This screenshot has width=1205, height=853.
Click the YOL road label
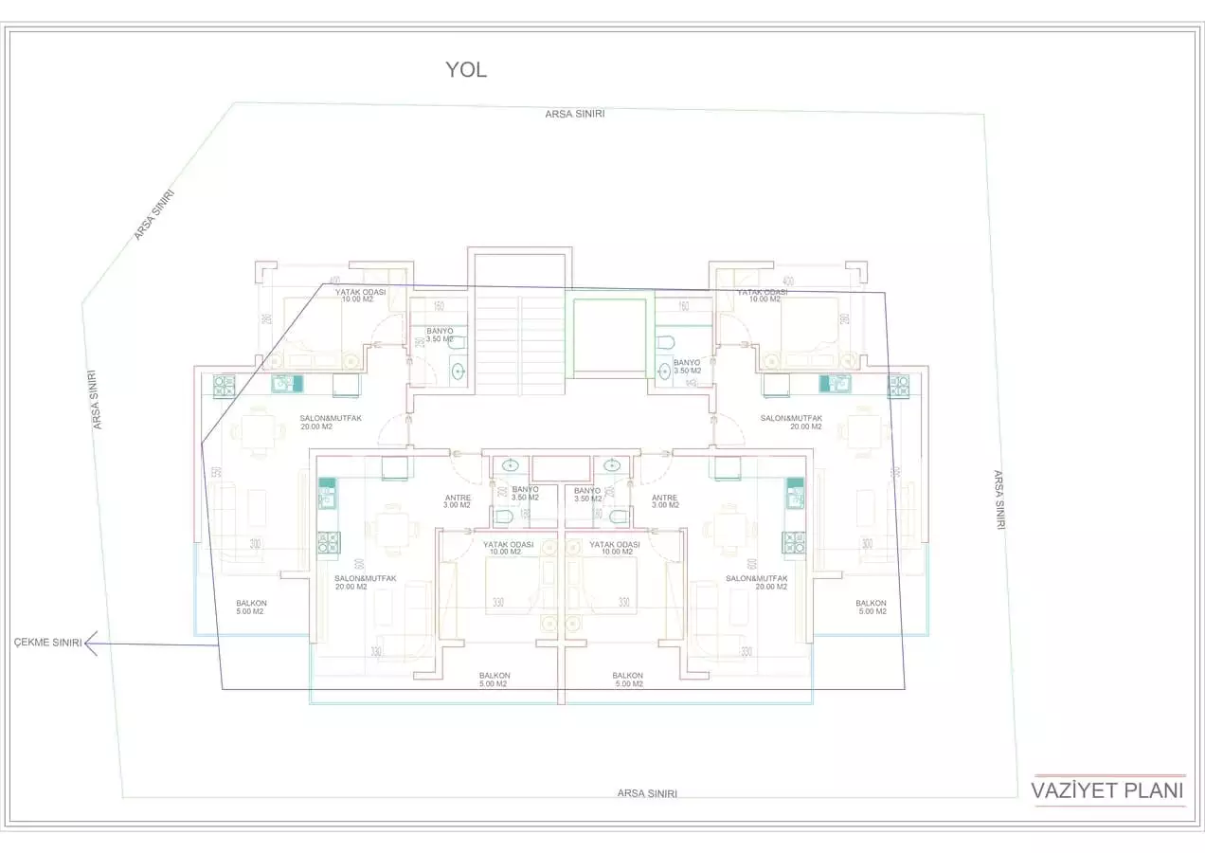466,69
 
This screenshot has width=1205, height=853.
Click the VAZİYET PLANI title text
1107,791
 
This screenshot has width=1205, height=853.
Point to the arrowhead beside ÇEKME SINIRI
91,644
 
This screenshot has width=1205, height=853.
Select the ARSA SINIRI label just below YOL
574,114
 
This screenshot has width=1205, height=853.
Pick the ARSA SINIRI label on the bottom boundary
647,793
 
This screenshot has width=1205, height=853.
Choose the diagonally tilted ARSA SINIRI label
153,215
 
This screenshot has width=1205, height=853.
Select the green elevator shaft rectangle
610,336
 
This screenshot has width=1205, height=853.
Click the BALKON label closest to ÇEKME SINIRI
251,608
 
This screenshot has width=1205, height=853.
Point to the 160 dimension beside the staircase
439,306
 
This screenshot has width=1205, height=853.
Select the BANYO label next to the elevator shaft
687,367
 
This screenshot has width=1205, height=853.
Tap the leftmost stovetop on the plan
224,385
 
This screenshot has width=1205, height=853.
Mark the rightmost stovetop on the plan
898,385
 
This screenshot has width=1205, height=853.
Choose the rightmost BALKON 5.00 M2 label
871,608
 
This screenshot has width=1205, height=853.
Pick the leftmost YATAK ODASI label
360,296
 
